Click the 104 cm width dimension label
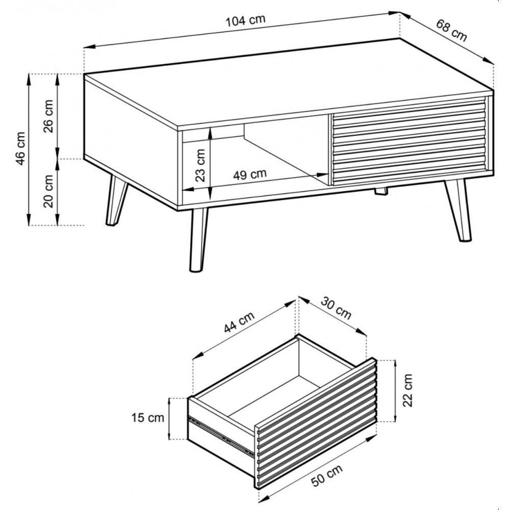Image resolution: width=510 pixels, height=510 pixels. (x=246, y=20)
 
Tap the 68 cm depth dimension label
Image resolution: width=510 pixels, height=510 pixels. (x=451, y=31)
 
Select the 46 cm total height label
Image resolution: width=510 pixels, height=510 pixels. (x=20, y=148)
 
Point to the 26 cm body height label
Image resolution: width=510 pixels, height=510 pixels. (x=48, y=116)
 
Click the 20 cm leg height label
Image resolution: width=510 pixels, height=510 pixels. (x=48, y=191)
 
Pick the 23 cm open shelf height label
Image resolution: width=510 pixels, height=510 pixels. (x=200, y=165)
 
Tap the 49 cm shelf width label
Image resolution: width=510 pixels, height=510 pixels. (x=250, y=174)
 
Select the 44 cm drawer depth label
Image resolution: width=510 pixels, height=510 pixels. (x=239, y=322)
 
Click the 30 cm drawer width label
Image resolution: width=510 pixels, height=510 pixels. (x=336, y=308)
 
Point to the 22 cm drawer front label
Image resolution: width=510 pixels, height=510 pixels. (x=407, y=390)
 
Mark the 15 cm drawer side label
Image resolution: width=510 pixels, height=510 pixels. (x=148, y=418)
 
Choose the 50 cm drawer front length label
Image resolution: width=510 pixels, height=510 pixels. (x=327, y=475)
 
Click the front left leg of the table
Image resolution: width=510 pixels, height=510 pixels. (x=198, y=239)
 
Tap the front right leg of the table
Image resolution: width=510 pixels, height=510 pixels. (x=458, y=210)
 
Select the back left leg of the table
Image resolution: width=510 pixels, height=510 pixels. (x=116, y=200)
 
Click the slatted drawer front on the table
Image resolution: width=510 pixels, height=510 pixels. (x=409, y=141)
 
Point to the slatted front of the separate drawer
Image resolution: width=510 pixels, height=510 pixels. (x=316, y=423)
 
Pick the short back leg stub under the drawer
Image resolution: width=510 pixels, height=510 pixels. (x=381, y=191)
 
